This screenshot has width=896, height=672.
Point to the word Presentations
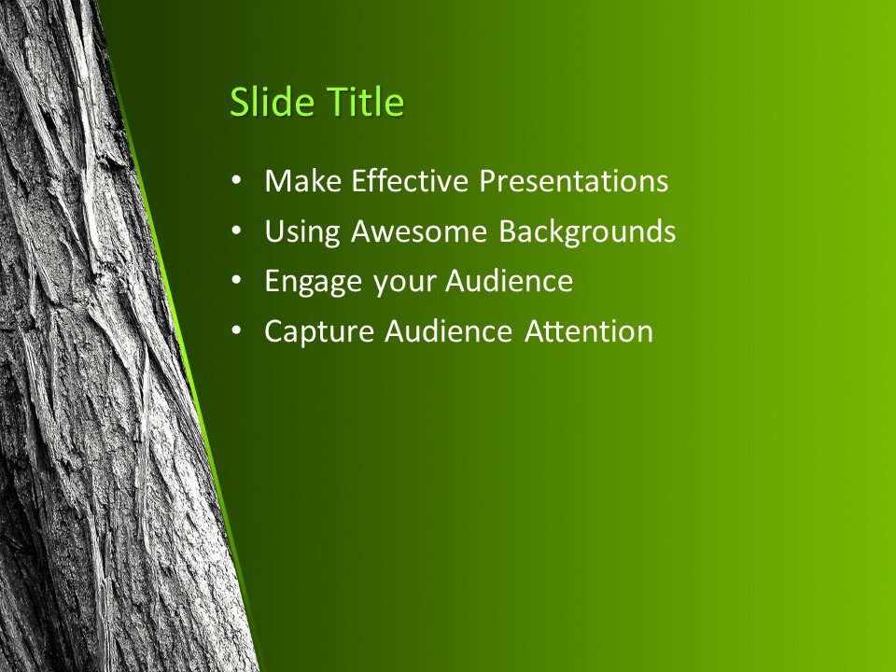[573, 181]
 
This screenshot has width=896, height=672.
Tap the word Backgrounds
[586, 231]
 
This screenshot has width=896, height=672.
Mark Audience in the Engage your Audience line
[509, 281]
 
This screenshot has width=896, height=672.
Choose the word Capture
[317, 331]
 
